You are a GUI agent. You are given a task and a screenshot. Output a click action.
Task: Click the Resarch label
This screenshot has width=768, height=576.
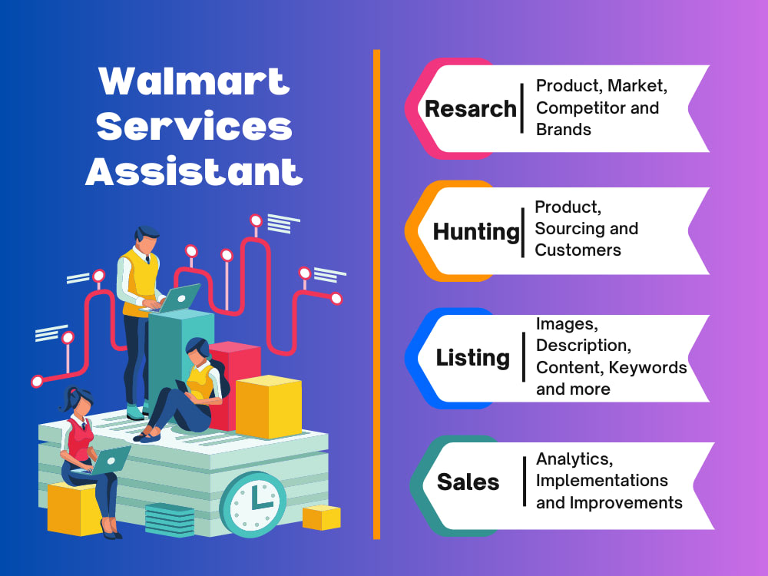[470, 109]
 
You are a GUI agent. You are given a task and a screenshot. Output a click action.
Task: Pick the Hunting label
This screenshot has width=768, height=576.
[476, 231]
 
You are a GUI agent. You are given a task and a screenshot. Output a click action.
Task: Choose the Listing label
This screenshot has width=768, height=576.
[473, 358]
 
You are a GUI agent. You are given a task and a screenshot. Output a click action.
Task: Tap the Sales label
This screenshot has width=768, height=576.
[468, 482]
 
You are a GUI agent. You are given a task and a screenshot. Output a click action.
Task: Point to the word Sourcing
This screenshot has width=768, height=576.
[570, 228]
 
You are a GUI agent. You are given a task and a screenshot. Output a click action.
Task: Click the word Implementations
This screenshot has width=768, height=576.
[602, 481]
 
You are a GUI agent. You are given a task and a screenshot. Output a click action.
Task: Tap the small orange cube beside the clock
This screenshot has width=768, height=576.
[321, 517]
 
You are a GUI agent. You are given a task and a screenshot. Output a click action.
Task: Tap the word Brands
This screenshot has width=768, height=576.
[564, 129]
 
